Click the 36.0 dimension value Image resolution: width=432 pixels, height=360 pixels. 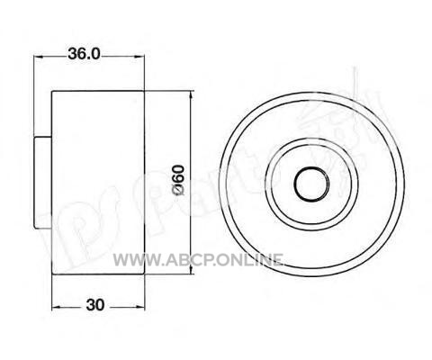point(84,54)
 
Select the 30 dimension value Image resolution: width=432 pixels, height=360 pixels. point(95,305)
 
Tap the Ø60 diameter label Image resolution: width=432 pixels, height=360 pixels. point(178,181)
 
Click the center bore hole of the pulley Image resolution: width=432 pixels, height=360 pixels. point(311,184)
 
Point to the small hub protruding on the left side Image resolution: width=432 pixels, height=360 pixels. point(42,182)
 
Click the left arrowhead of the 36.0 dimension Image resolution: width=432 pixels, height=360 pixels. point(39,56)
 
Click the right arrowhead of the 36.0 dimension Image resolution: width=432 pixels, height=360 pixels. point(139,56)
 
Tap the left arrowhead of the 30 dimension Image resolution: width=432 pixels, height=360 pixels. point(58,307)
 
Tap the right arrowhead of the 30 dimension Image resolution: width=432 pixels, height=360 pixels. point(139,307)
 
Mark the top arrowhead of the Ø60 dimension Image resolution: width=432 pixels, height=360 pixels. point(191,96)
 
